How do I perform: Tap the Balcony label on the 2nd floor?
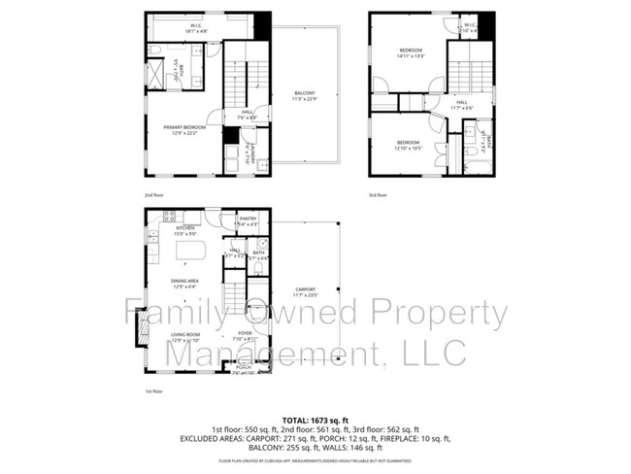click(x=305, y=97)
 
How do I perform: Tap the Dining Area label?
click(x=184, y=284)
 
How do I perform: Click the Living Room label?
click(x=184, y=337)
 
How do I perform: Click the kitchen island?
click(x=190, y=252)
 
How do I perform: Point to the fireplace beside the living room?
click(x=141, y=327)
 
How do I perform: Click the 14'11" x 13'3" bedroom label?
click(x=412, y=52)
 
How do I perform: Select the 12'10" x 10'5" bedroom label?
click(x=408, y=145)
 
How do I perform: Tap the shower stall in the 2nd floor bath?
click(x=155, y=75)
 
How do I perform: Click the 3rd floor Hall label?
click(x=461, y=105)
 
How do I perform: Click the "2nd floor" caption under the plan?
click(x=155, y=194)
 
